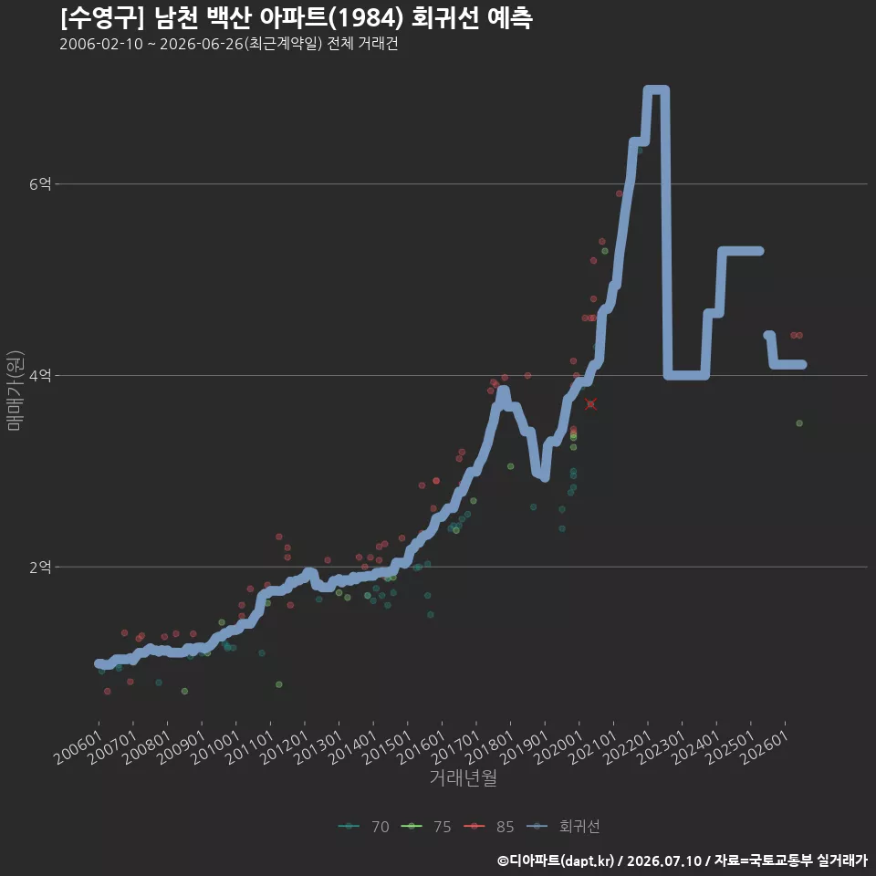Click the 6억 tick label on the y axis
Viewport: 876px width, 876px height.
click(x=40, y=183)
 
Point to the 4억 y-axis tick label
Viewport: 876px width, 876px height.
click(x=40, y=375)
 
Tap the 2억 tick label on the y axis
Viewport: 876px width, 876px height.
click(x=40, y=567)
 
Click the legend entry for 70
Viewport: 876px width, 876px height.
click(x=364, y=827)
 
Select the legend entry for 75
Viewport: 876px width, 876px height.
click(x=426, y=827)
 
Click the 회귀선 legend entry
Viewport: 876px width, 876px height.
click(x=563, y=827)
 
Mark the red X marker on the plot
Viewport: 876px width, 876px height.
click(x=590, y=404)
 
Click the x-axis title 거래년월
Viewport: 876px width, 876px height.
click(x=464, y=777)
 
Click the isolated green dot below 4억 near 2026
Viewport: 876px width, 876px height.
click(x=799, y=422)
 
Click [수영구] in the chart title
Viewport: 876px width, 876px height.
click(x=101, y=18)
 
